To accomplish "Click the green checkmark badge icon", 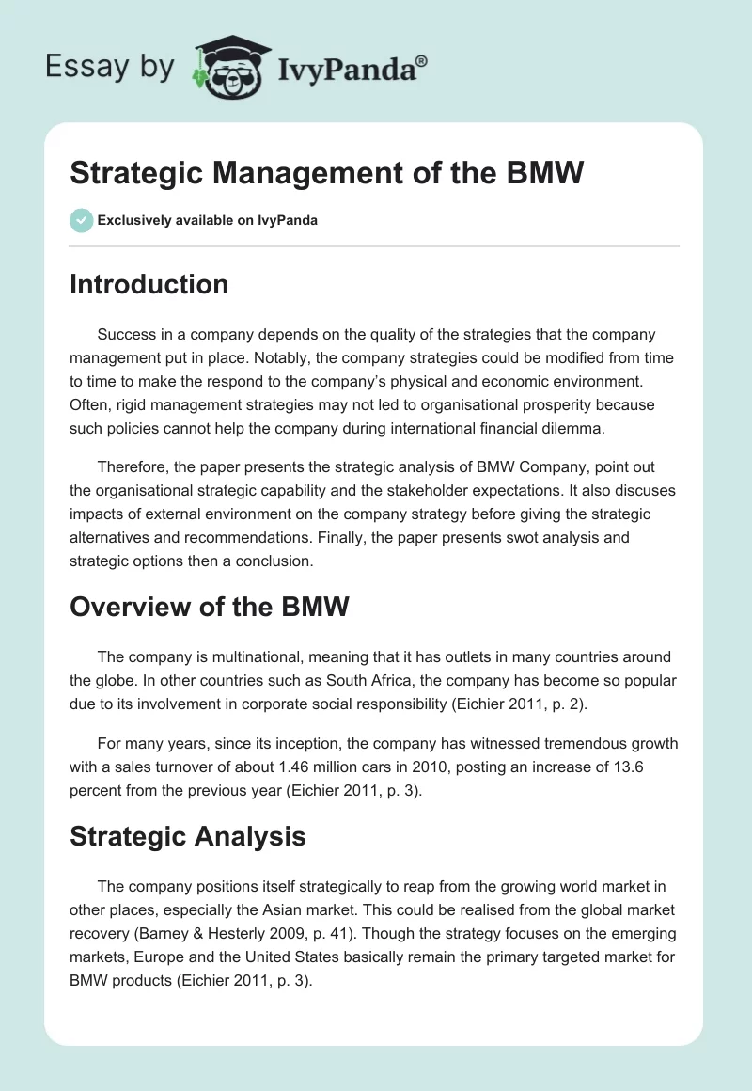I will [x=81, y=220].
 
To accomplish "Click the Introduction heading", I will [x=149, y=284].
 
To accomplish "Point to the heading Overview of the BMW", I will [x=209, y=607].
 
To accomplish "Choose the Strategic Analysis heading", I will [x=188, y=836].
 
